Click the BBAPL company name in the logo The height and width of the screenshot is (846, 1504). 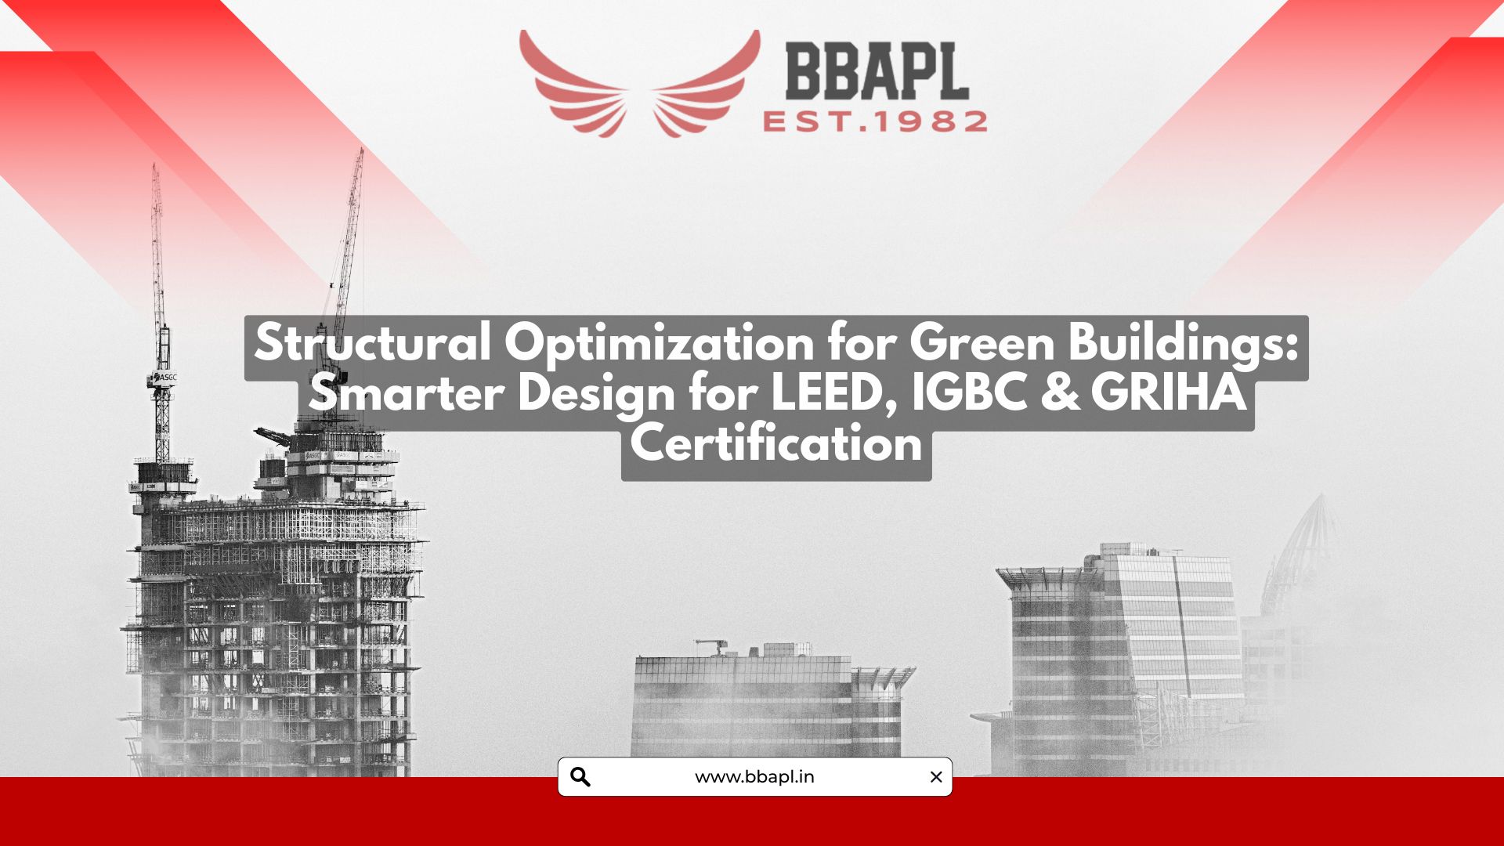877,71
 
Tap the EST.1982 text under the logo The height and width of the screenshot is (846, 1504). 875,122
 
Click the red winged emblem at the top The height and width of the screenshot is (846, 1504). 639,83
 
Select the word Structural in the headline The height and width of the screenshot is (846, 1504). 373,342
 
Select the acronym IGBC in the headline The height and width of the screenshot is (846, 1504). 969,392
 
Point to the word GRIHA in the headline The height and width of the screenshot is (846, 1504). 1168,392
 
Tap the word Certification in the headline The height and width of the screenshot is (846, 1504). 776,443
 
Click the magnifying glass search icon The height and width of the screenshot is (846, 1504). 580,777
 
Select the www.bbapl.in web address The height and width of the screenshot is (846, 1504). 754,777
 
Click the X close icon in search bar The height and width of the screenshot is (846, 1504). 936,777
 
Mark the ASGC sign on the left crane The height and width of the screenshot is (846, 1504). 163,378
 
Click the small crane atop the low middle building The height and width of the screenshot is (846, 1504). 710,647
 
